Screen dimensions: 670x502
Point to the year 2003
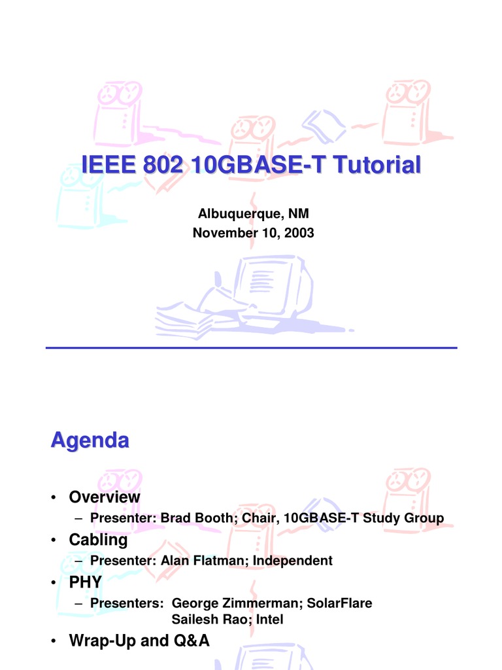coord(299,232)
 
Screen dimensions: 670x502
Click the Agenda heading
coord(90,440)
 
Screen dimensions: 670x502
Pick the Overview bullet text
coord(105,497)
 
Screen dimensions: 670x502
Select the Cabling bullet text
coord(98,540)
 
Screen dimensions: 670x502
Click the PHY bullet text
coord(86,582)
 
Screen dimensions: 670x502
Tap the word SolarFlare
coord(343,603)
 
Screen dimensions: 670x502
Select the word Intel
coord(271,619)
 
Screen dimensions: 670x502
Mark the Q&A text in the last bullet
coord(190,641)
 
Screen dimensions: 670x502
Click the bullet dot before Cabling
coord(53,541)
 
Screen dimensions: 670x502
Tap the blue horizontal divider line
coord(251,348)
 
